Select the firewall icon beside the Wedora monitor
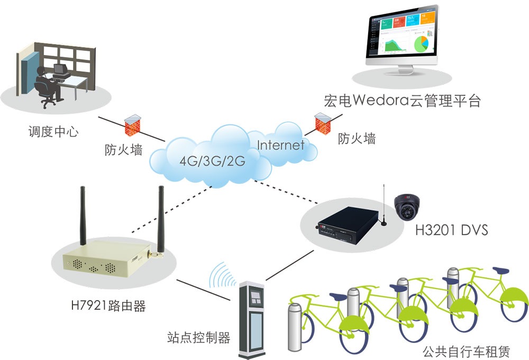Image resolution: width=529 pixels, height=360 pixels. tap(321, 123)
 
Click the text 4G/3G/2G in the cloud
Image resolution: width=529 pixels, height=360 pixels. tap(212, 161)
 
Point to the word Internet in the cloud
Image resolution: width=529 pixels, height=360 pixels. tap(281, 145)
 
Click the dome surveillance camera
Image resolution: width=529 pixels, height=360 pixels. tap(408, 206)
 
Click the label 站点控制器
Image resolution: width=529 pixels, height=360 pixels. tap(199, 338)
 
